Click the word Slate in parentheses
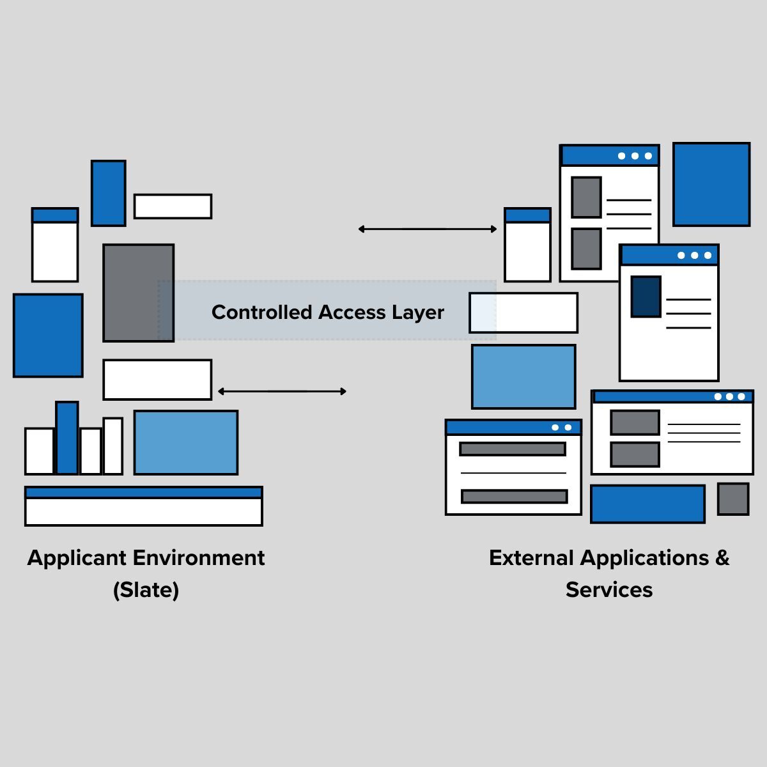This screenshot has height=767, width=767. [x=146, y=589]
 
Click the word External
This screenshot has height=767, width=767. [x=531, y=558]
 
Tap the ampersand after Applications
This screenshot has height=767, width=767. [x=722, y=558]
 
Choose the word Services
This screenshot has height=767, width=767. [x=609, y=589]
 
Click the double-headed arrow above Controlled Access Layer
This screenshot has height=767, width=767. [x=428, y=229]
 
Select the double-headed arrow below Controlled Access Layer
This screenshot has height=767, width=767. [x=282, y=391]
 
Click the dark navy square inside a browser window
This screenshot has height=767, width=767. [x=646, y=297]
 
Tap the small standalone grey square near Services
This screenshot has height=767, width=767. [x=733, y=499]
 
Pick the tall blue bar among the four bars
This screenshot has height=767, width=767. [x=67, y=438]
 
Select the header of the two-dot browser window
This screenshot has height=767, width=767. [x=513, y=428]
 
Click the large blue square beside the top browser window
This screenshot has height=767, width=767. [x=711, y=184]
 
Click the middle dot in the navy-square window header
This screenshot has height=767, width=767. [x=694, y=256]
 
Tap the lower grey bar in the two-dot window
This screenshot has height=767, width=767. [x=514, y=497]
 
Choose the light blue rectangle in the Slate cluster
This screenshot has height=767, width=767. [x=186, y=442]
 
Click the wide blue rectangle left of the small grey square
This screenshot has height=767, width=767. [x=647, y=504]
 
